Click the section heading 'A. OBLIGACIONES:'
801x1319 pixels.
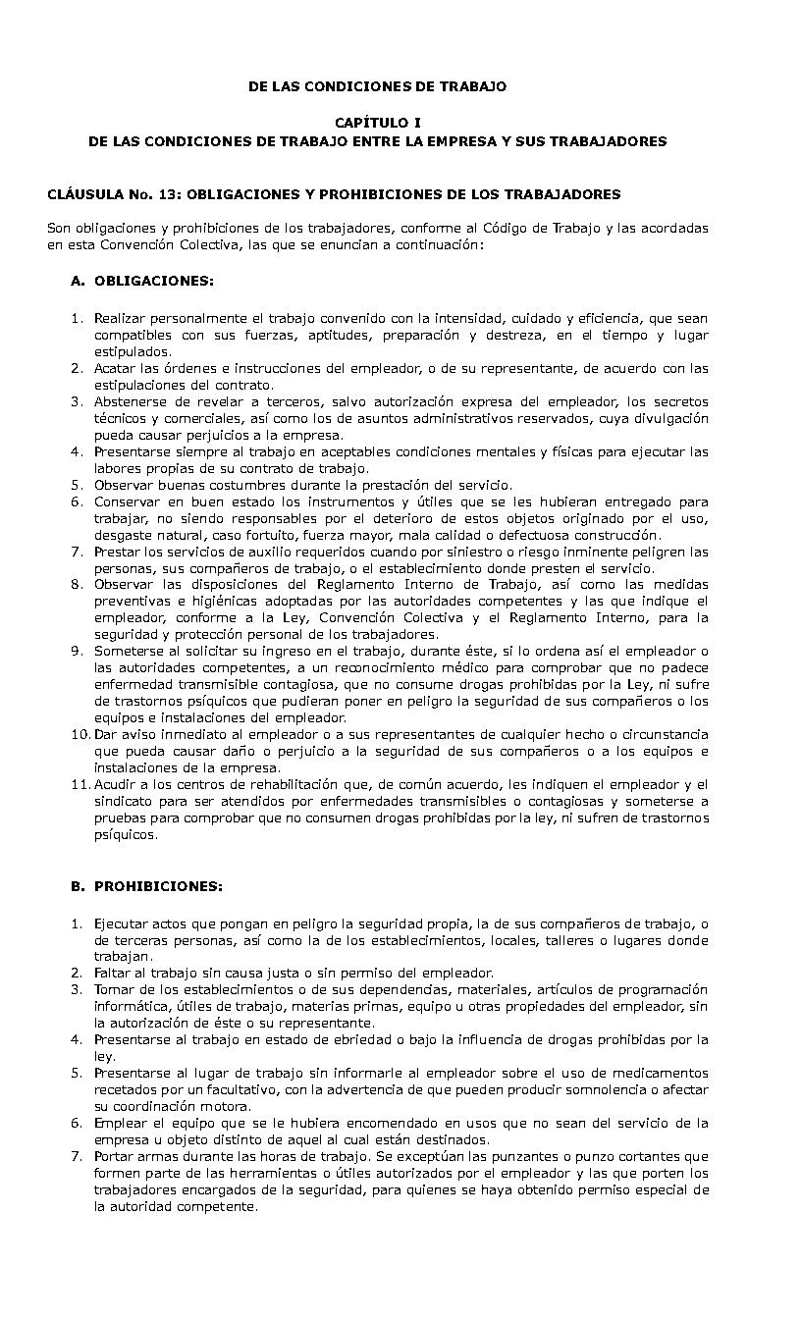[x=142, y=281]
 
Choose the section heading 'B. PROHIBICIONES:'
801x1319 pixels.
[x=147, y=886]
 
